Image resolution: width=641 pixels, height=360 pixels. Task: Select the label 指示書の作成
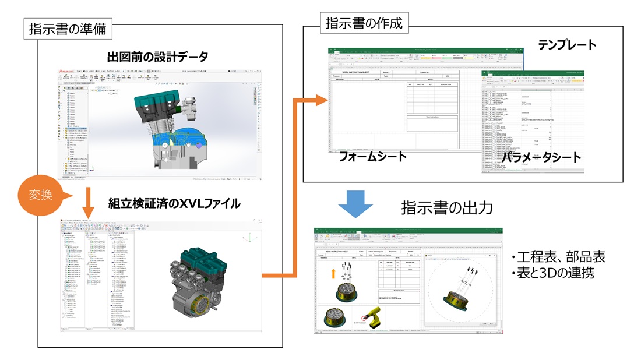pos(363,23)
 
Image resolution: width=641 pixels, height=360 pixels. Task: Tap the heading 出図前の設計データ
pos(157,57)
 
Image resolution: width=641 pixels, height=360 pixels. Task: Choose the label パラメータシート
pos(541,157)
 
